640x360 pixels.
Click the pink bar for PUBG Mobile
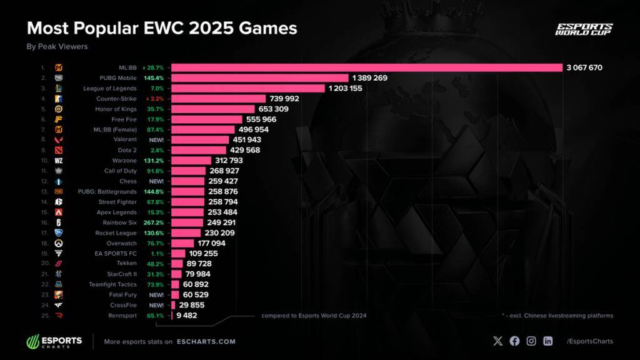[x=259, y=78]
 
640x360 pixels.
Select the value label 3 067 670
[x=584, y=67]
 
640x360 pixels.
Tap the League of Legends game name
[x=110, y=88]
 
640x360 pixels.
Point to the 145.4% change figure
[x=154, y=78]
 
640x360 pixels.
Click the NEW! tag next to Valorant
[x=156, y=140]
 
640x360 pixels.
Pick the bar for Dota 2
[x=199, y=150]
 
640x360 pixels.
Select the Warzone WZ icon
[x=59, y=161]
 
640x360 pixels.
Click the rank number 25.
[x=43, y=315]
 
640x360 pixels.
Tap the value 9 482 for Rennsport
[x=187, y=315]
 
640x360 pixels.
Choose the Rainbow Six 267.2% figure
[x=154, y=222]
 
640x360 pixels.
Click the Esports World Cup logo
[x=584, y=29]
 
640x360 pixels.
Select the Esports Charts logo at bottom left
[x=54, y=341]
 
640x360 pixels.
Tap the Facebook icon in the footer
[x=514, y=341]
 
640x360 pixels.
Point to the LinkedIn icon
[x=547, y=341]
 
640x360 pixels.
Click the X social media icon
[x=497, y=341]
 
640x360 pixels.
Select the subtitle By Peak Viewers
[x=57, y=46]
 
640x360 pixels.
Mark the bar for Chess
[x=187, y=181]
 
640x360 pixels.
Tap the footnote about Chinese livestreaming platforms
[x=557, y=316]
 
